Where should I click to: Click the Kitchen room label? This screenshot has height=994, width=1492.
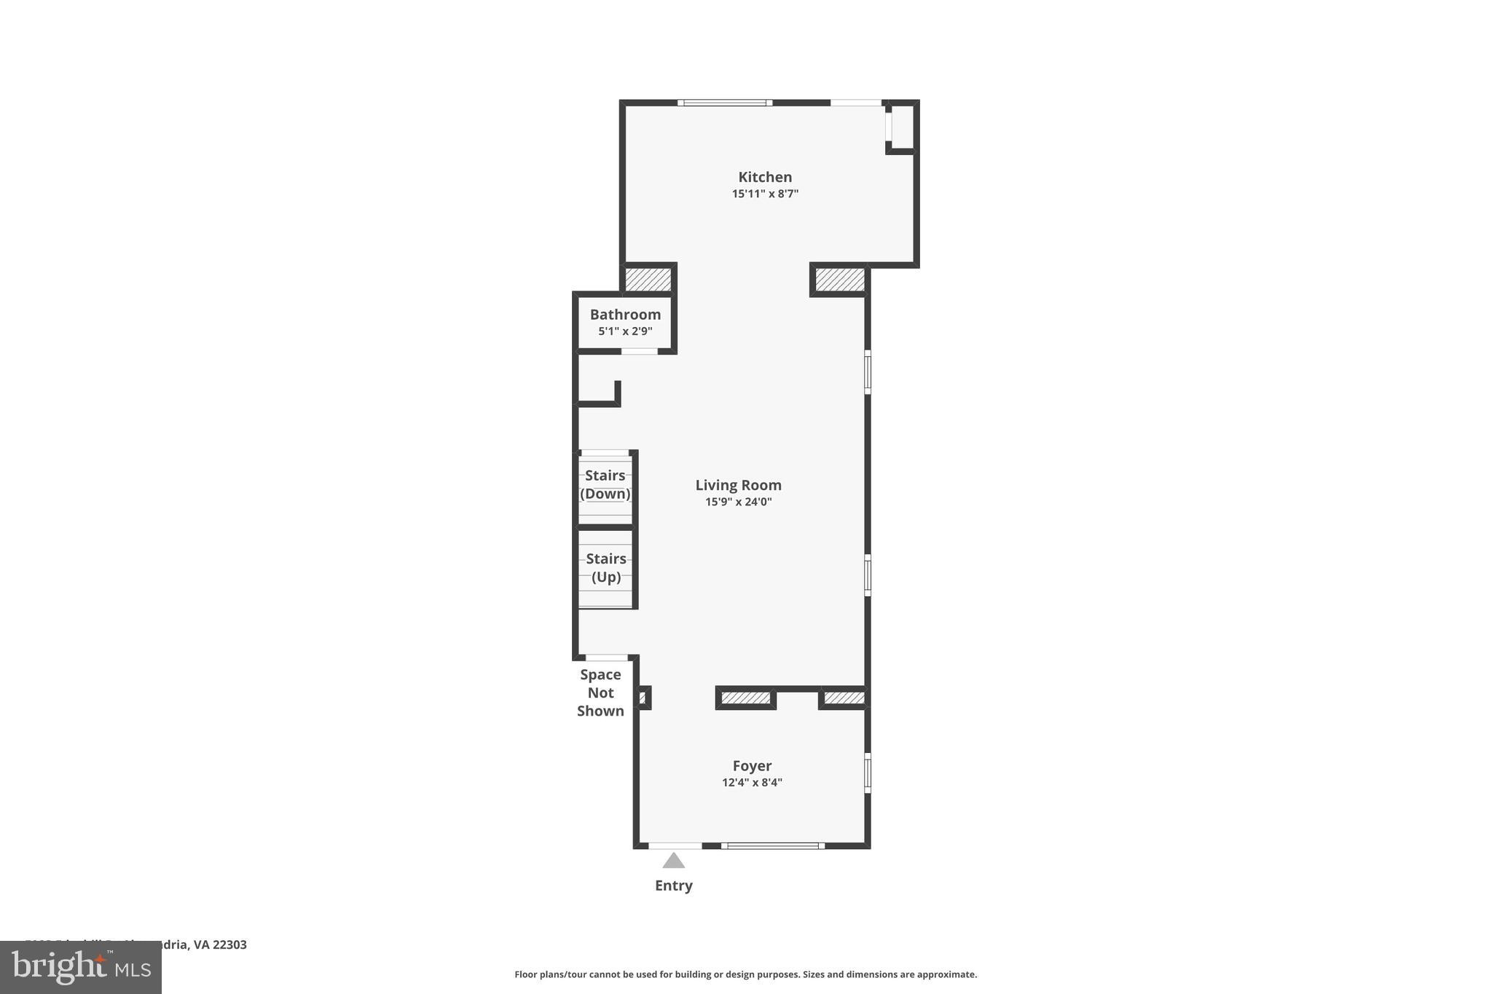pyautogui.click(x=765, y=177)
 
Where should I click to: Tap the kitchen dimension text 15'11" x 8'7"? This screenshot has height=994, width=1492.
pyautogui.click(x=765, y=194)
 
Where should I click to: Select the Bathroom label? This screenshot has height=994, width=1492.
pyautogui.click(x=625, y=315)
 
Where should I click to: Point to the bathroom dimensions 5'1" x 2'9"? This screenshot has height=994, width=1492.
pyautogui.click(x=625, y=331)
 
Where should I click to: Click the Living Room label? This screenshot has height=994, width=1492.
pyautogui.click(x=738, y=485)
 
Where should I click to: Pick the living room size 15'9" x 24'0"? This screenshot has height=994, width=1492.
pyautogui.click(x=738, y=502)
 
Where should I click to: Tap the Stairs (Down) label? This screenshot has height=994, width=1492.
pyautogui.click(x=605, y=484)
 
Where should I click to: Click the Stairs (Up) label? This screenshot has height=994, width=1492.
pyautogui.click(x=606, y=568)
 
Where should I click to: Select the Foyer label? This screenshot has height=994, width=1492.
pyautogui.click(x=752, y=766)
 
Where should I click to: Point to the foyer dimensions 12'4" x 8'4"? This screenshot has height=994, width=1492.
pyautogui.click(x=752, y=783)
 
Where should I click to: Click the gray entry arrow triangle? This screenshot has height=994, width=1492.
pyautogui.click(x=673, y=861)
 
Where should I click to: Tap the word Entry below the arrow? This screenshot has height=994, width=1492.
pyautogui.click(x=673, y=885)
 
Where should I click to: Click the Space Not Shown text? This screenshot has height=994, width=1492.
pyautogui.click(x=600, y=693)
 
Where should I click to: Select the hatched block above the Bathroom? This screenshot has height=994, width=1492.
pyautogui.click(x=648, y=280)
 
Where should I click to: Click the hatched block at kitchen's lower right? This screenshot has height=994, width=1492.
pyautogui.click(x=839, y=280)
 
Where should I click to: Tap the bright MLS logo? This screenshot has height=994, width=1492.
pyautogui.click(x=80, y=967)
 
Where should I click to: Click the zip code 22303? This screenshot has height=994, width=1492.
pyautogui.click(x=229, y=944)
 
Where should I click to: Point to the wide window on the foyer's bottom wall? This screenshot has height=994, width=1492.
pyautogui.click(x=773, y=845)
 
